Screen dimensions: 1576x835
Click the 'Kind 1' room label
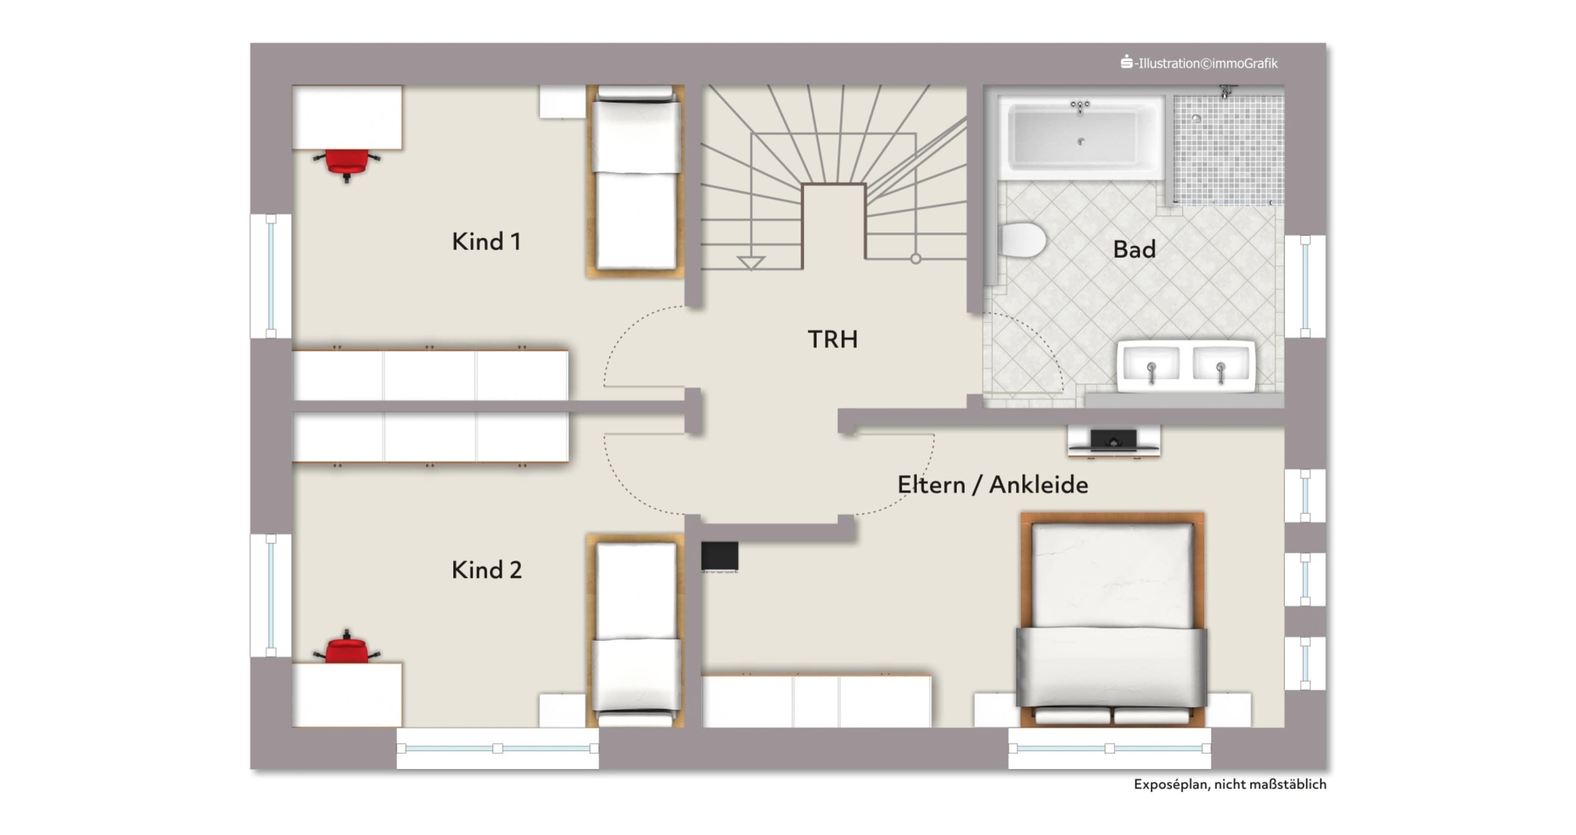(487, 241)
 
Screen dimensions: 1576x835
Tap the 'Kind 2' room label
(487, 570)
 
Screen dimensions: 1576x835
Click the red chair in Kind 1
(347, 164)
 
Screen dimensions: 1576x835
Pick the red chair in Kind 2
(347, 647)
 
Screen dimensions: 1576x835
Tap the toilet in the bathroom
(1022, 240)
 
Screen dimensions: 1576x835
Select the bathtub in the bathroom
(1081, 137)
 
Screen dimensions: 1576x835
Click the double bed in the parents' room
(1111, 620)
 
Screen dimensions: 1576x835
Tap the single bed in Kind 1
(636, 181)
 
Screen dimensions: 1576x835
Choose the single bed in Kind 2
(636, 631)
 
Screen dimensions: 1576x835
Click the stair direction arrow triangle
(751, 262)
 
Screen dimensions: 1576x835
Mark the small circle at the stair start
(915, 259)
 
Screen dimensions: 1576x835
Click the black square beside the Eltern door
(719, 556)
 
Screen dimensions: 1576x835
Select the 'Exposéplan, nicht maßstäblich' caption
(1230, 785)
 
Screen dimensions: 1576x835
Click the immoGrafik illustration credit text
(1199, 63)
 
